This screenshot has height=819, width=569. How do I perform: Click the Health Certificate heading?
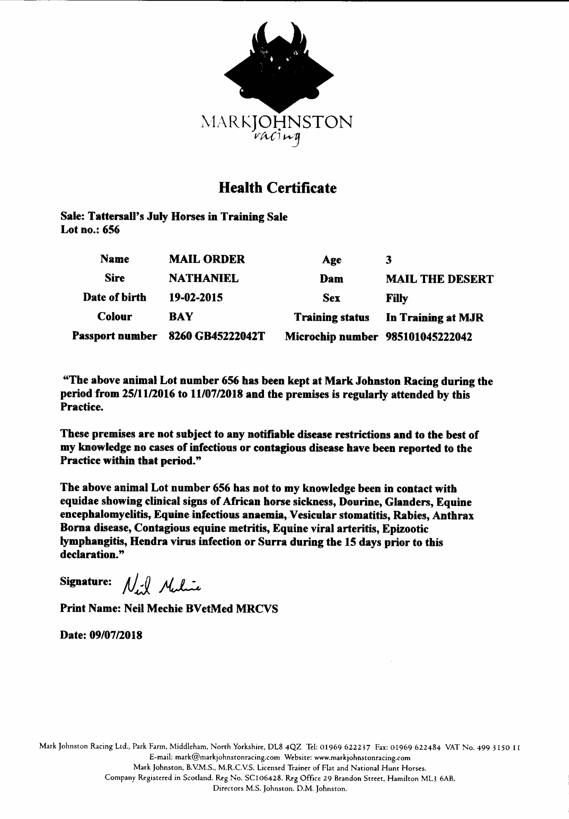coord(277,188)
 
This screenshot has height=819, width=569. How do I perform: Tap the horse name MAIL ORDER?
coord(207,259)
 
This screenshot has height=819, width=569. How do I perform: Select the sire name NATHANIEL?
coord(204,278)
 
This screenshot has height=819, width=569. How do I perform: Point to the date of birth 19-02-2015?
coord(196,297)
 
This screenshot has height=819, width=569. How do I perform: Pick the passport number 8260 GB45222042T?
coord(217,336)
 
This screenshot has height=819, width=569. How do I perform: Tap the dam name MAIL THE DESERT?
coord(439,279)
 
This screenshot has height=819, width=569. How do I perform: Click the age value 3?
coord(389,260)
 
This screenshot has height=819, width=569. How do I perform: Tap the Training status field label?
coord(331,317)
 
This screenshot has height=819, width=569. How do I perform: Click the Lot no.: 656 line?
coord(90,230)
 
